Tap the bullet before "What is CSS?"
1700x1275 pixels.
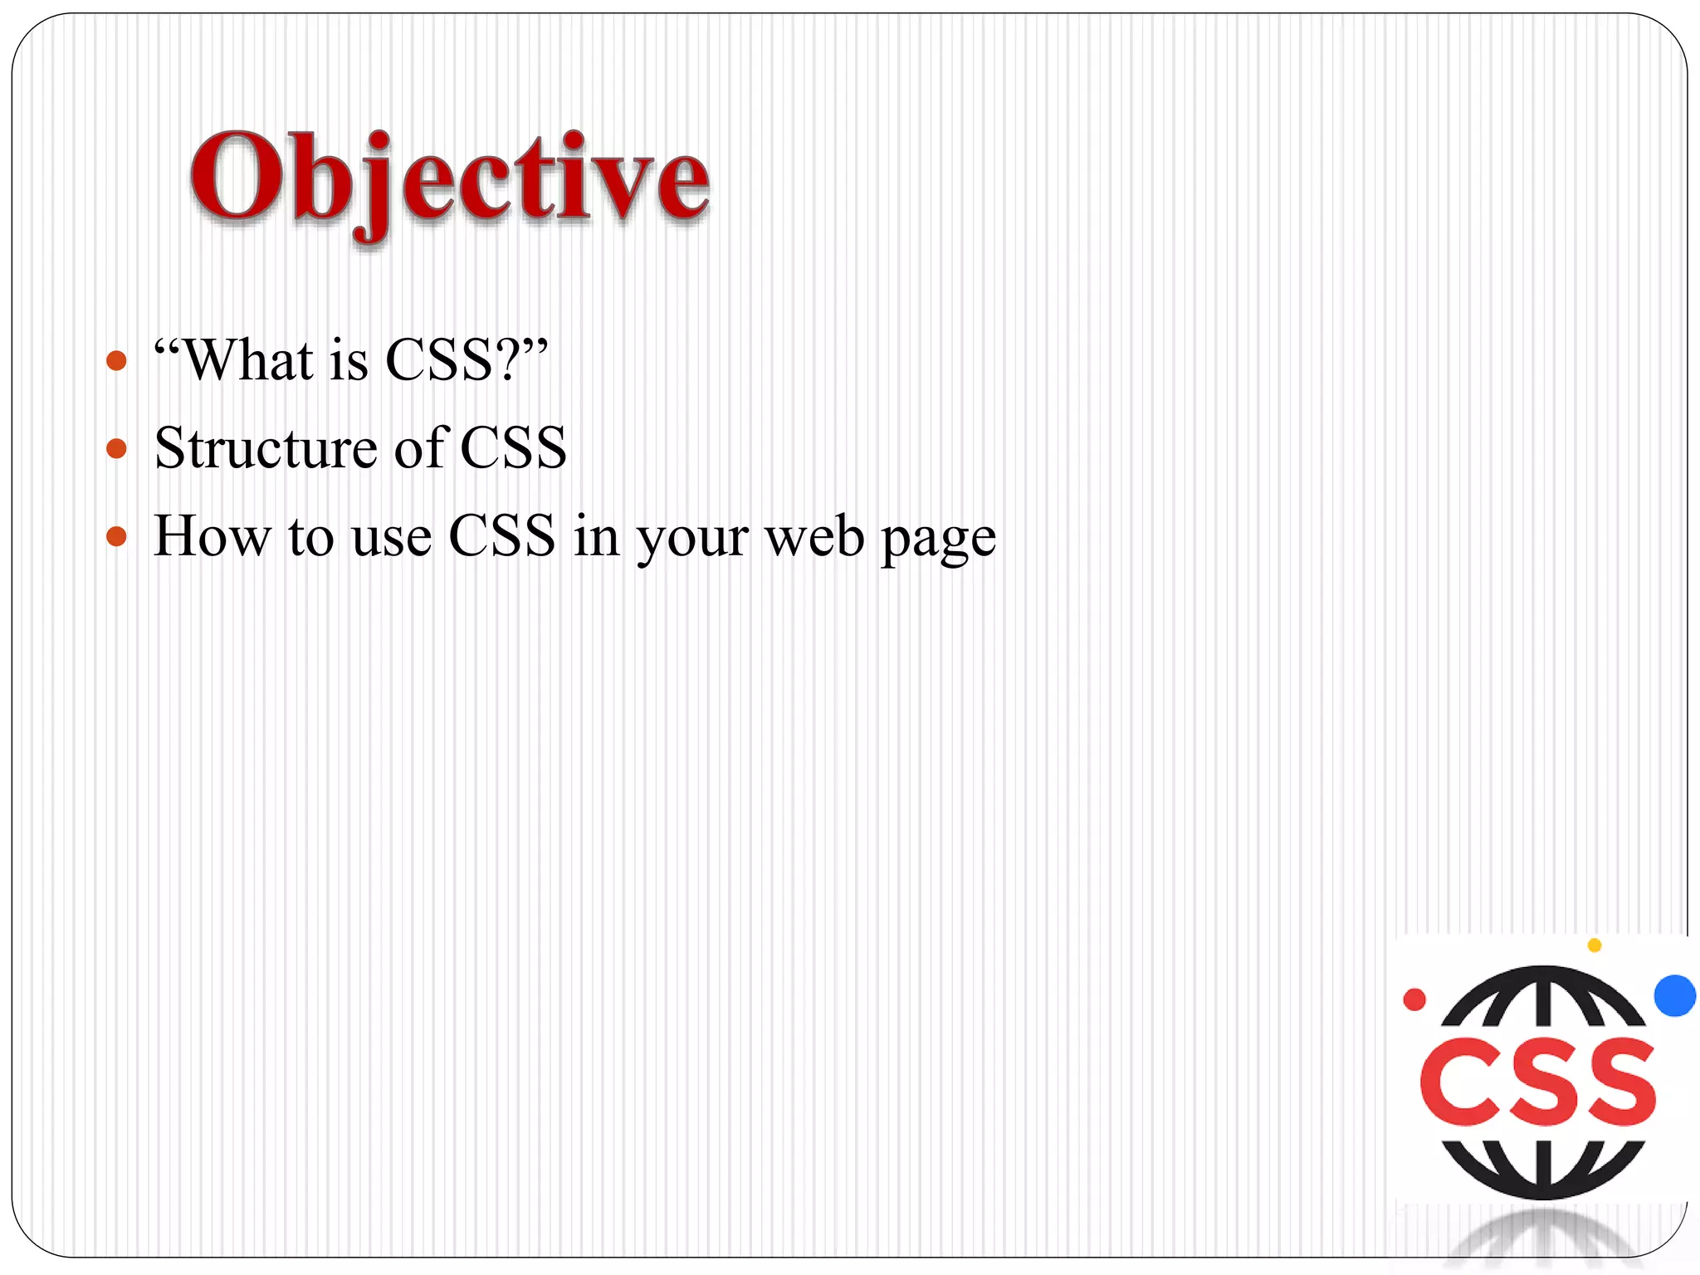tap(117, 361)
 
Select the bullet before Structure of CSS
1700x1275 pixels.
tap(117, 449)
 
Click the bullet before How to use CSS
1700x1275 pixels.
tap(117, 537)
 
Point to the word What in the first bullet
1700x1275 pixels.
tap(247, 361)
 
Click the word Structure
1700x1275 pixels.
tap(266, 449)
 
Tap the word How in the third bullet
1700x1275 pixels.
tap(212, 536)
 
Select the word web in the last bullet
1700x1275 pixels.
tap(814, 537)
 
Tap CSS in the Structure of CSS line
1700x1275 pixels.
tap(513, 449)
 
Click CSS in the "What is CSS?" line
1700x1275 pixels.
tap(439, 361)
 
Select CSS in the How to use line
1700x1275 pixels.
tap(501, 536)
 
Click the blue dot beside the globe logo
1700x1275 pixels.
tap(1674, 995)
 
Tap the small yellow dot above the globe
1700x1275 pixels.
tap(1594, 945)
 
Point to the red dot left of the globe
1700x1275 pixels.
tap(1414, 999)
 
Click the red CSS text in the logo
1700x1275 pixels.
tap(1538, 1082)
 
